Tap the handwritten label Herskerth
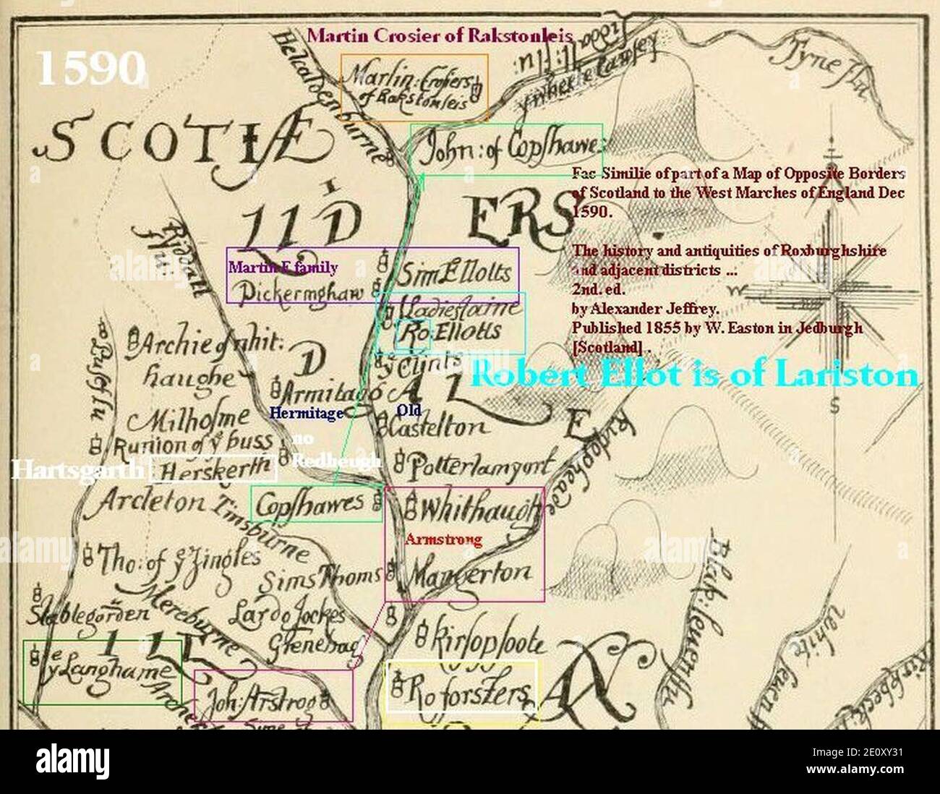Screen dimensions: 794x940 [x=214, y=471]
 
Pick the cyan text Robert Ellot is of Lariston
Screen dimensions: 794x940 [x=694, y=376]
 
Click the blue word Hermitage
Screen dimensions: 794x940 [x=306, y=414]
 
